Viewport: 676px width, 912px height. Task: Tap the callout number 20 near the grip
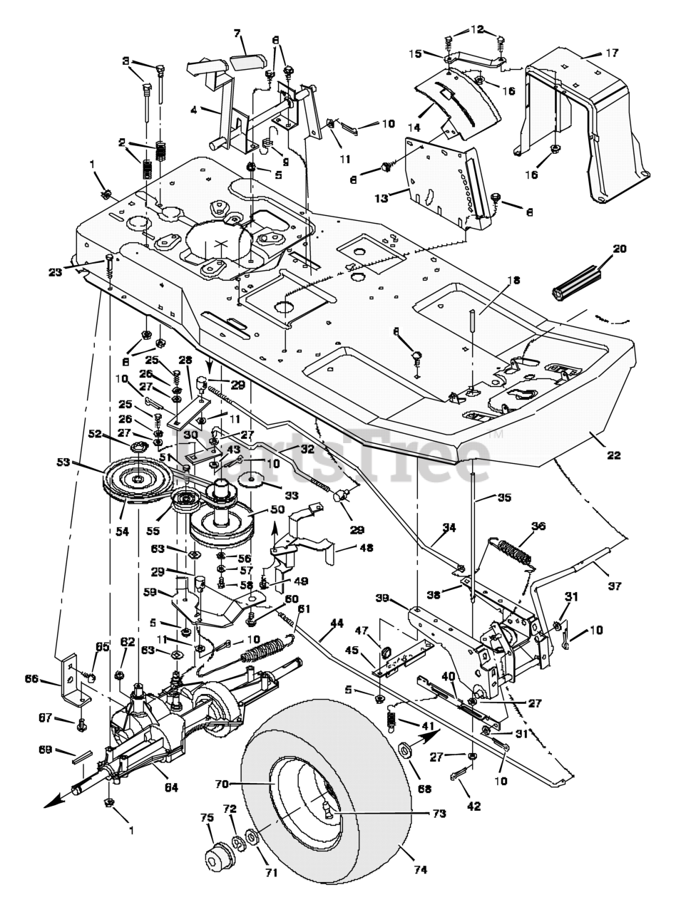620,249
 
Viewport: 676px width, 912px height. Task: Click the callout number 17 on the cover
612,52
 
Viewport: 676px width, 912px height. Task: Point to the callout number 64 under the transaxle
171,787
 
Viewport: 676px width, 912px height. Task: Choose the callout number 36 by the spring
538,527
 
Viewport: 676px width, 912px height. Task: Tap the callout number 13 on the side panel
381,198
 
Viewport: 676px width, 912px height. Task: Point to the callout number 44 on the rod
337,623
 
